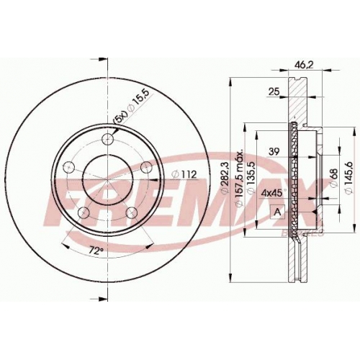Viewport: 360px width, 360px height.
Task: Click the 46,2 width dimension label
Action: tap(304, 65)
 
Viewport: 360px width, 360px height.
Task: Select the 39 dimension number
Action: tap(274, 152)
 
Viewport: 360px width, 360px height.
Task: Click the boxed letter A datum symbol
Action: tap(278, 212)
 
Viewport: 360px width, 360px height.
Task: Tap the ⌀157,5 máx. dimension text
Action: tap(240, 178)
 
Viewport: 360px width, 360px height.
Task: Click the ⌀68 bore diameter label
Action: tap(334, 178)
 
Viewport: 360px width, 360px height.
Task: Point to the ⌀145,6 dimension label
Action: tap(348, 177)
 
